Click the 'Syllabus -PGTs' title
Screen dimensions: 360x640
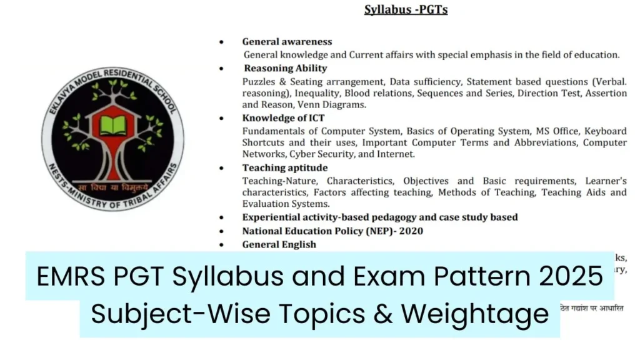tap(406, 10)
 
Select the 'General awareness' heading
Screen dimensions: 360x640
tap(287, 42)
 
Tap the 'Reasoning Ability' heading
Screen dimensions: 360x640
tap(285, 68)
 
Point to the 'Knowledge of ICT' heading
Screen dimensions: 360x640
tap(283, 118)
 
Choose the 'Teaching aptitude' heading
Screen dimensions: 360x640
tap(284, 168)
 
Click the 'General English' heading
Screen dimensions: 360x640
tap(279, 244)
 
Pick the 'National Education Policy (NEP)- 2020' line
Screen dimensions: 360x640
tap(332, 231)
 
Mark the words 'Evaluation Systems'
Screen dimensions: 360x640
tap(286, 204)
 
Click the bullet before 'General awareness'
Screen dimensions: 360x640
tap(221, 42)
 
